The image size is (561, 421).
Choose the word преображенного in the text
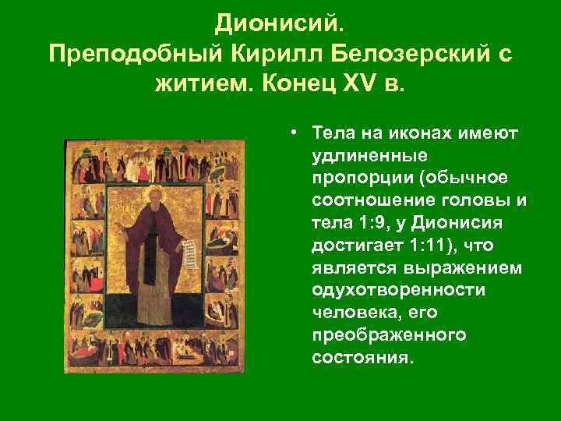point(388,336)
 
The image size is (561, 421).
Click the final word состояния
point(361,359)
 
